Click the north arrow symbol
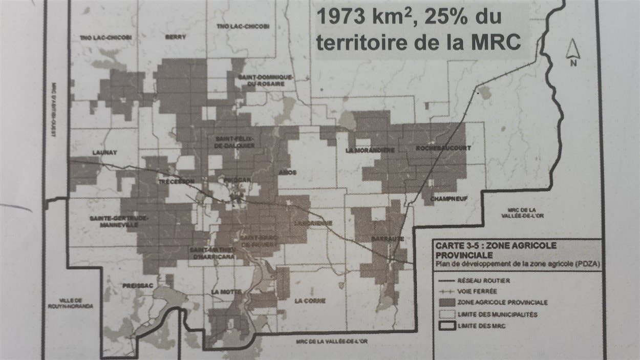573,52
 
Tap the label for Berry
176,37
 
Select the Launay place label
105,152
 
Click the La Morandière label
370,150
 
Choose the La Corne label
310,301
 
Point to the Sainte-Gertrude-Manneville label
119,221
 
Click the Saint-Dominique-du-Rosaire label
265,80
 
